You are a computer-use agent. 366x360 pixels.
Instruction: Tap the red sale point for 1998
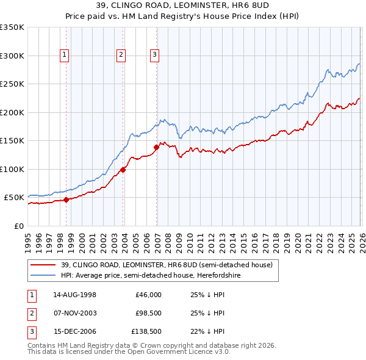66,200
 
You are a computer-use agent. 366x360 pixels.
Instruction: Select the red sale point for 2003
123,170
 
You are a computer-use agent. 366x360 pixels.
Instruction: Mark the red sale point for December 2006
157,147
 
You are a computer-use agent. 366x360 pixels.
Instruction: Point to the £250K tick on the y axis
12,84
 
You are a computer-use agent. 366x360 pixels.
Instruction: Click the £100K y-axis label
12,169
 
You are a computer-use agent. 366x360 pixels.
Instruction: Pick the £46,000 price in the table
148,294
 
